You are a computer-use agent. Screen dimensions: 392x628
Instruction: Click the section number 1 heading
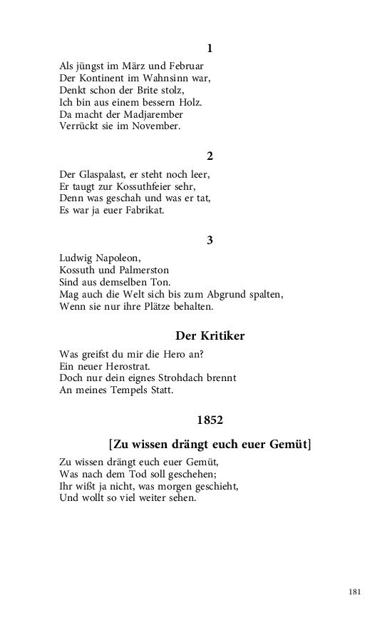click(x=210, y=49)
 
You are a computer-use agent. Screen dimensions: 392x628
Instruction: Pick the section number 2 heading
click(x=210, y=156)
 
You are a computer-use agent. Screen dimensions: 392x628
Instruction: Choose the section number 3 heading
click(x=210, y=240)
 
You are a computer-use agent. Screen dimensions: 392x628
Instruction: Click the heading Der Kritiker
click(x=210, y=335)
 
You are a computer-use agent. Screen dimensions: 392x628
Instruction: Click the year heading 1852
click(x=210, y=419)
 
